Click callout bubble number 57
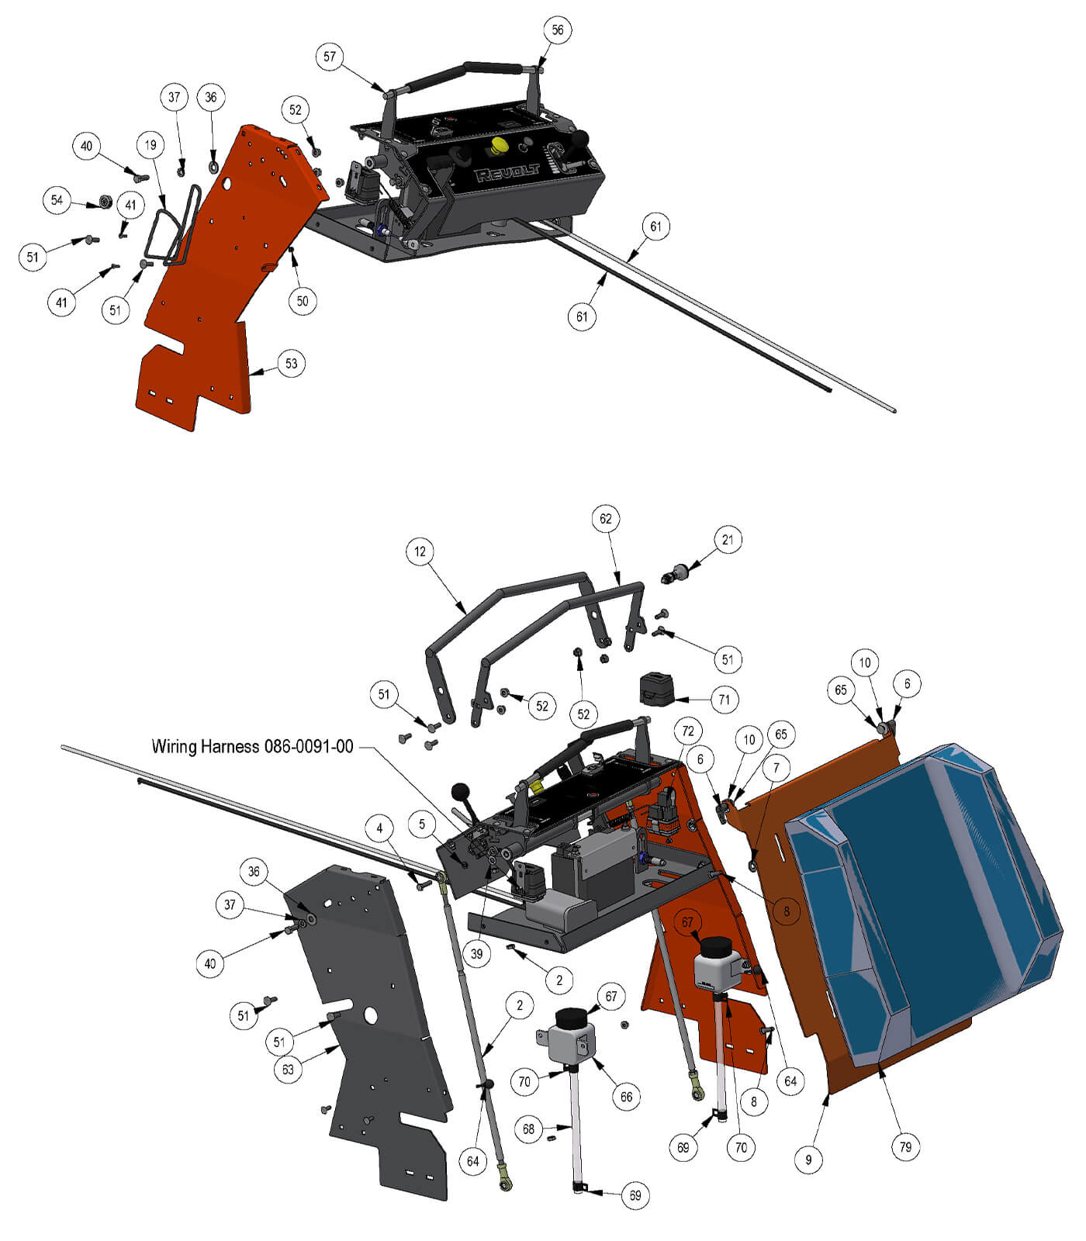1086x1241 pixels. pyautogui.click(x=330, y=57)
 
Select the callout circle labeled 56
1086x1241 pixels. pyautogui.click(x=558, y=30)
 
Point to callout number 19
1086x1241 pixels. pyautogui.click(x=150, y=145)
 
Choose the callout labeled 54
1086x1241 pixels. pyautogui.click(x=57, y=200)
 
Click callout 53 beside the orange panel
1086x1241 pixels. pyautogui.click(x=291, y=363)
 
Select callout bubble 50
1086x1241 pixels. pyautogui.click(x=303, y=301)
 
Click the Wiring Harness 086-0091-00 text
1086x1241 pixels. pyautogui.click(x=252, y=746)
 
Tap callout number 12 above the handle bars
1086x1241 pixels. pyautogui.click(x=420, y=551)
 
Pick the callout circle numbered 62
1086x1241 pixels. pyautogui.click(x=606, y=518)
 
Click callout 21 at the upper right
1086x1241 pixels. pyautogui.click(x=727, y=540)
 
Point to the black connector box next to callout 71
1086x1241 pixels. pyautogui.click(x=655, y=690)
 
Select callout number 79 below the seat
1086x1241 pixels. pyautogui.click(x=905, y=1146)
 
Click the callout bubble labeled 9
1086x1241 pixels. pyautogui.click(x=809, y=1160)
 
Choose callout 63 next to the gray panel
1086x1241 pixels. pyautogui.click(x=288, y=1070)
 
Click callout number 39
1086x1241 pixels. pyautogui.click(x=476, y=954)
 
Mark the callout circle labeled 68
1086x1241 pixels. pyautogui.click(x=529, y=1129)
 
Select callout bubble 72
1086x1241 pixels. pyautogui.click(x=687, y=731)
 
